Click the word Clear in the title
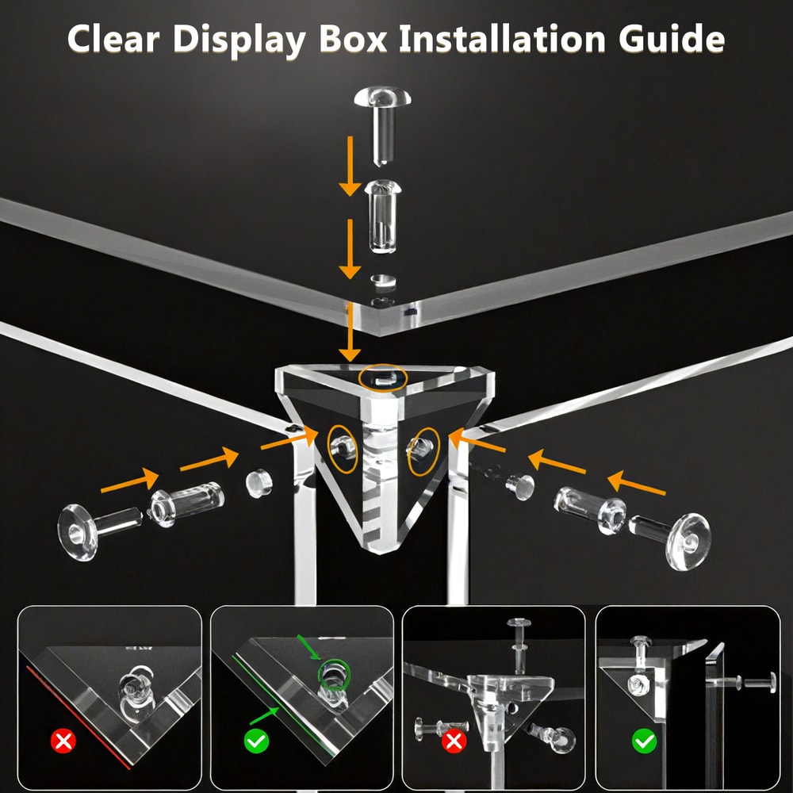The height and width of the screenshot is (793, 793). (x=113, y=39)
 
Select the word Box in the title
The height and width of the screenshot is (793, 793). (x=353, y=39)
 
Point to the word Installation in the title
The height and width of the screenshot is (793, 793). (x=502, y=39)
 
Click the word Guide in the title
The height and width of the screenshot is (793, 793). (x=672, y=39)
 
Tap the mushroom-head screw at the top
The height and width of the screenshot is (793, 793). (x=382, y=125)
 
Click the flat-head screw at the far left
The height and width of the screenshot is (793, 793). (x=99, y=530)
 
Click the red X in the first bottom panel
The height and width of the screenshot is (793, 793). (x=63, y=741)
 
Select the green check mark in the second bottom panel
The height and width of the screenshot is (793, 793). (x=256, y=741)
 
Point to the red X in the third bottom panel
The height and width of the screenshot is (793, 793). (x=454, y=741)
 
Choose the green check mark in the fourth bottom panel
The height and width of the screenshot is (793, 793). (x=644, y=741)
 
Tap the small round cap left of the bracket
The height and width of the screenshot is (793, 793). (x=259, y=483)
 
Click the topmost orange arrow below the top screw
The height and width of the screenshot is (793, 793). (x=350, y=166)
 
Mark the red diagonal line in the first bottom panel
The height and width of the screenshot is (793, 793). (x=79, y=717)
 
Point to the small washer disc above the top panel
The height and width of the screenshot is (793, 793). (x=383, y=281)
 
